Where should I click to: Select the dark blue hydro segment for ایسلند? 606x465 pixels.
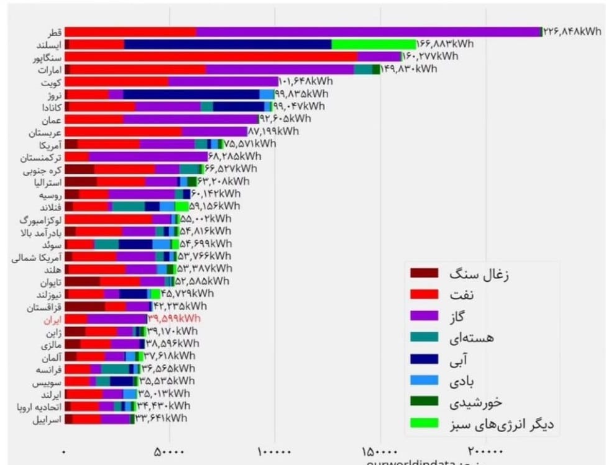[227, 44]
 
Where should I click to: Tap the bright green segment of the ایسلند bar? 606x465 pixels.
[373, 44]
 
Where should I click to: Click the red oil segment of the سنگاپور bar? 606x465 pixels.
[211, 56]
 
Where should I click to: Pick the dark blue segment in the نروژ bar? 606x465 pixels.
[191, 94]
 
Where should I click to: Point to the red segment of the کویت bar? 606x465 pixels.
[116, 81]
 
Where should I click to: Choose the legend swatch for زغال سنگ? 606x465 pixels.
[425, 274]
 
